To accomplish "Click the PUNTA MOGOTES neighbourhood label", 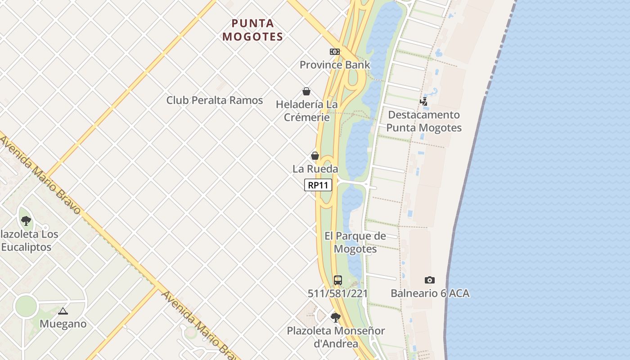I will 252,30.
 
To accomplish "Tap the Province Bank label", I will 335,65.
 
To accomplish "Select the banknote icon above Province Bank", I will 334,52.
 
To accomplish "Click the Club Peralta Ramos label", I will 215,100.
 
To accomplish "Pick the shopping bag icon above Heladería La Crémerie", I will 306,92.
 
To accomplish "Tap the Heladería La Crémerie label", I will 306,111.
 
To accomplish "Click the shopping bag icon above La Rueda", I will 315,156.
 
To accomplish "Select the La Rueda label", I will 315,169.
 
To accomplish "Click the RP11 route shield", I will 318,185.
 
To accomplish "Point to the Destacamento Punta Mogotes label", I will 424,121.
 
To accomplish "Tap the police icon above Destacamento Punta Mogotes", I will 424,102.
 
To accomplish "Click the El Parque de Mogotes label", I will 355,242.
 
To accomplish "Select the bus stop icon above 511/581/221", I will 337,280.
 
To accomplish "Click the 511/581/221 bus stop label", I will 337,293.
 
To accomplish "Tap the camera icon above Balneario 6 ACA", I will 430,280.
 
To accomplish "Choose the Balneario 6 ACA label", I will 430,293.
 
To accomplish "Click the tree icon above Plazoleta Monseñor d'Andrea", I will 336,318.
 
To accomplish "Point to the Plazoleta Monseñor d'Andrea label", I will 336,337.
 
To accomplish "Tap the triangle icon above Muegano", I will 63,311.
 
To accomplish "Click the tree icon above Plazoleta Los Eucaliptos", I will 26,221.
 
